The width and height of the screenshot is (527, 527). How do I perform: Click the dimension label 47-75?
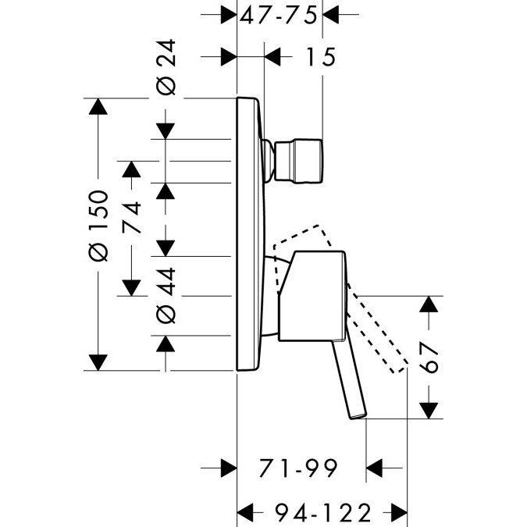pos(280,15)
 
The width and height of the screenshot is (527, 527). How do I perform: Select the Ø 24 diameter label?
pos(168,69)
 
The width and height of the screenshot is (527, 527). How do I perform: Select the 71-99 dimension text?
pos(301,468)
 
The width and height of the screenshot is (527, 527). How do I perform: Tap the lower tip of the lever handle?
pos(357,411)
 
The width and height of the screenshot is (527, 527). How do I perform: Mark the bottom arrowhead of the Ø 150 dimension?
pos(98,361)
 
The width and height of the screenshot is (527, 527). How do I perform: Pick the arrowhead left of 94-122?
pos(246,512)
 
